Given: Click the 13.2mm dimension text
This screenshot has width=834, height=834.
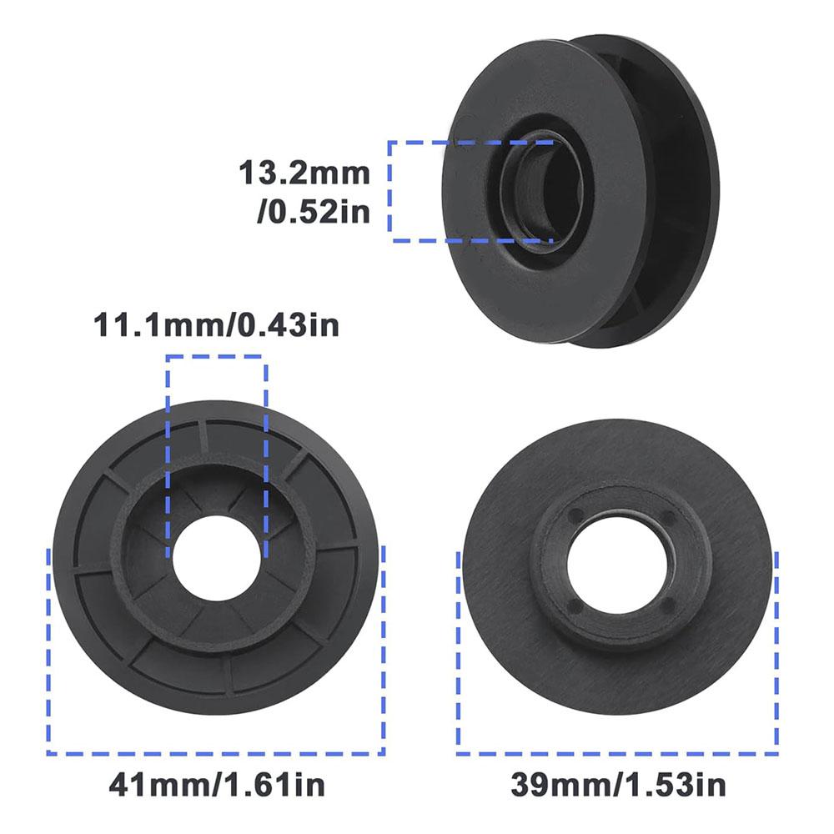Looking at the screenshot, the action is click(304, 173).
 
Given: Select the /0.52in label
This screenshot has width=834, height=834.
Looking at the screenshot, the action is click(314, 212).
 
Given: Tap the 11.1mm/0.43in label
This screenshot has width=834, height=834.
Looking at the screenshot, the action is click(217, 324).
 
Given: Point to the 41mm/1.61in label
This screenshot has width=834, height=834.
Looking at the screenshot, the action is click(217, 785).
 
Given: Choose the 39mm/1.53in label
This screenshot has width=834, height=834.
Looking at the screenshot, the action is click(618, 785).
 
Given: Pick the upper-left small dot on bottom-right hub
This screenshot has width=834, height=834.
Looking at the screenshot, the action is click(574, 515).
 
